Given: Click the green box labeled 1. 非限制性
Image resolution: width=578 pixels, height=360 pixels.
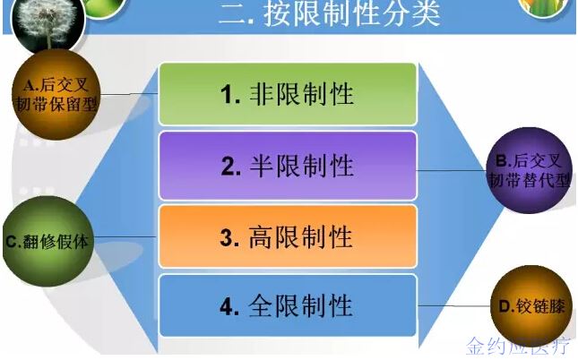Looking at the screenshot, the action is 288,94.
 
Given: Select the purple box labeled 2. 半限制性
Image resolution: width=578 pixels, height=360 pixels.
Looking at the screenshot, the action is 288,166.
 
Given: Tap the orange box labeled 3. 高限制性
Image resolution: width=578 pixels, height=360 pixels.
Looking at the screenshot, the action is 288,236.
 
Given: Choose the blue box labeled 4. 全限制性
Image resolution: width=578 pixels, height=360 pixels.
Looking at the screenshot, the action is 288,305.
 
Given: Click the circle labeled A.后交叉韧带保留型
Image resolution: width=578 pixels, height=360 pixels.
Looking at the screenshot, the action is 56,95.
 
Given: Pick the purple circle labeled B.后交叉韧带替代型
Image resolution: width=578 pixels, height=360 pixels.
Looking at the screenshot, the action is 530,170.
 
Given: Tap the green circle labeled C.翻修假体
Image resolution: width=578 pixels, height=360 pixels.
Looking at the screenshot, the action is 47,242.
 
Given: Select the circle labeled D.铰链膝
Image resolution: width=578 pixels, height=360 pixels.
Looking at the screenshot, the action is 531,306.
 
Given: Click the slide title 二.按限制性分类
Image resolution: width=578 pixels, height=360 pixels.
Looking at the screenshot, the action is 329,13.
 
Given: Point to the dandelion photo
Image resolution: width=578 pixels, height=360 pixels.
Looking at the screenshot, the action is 47,22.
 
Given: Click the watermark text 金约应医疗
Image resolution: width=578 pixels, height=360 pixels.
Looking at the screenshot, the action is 518,347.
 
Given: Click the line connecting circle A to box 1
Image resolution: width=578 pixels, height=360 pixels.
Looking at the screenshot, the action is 129,94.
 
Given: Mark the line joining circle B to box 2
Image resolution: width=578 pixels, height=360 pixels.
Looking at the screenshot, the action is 452,170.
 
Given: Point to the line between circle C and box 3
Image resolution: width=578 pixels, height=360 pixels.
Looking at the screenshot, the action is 125,236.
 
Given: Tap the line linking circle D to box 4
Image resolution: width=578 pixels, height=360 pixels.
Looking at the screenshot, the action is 453,305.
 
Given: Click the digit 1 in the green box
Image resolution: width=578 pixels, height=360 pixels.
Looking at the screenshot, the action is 227,95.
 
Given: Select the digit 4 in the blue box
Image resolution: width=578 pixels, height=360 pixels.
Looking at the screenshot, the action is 228,306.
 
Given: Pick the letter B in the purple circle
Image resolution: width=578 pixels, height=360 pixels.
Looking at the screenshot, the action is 502,160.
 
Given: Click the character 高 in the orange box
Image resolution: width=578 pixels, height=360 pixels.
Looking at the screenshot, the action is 261,237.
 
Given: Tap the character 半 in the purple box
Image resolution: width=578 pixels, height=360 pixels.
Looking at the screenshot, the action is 262,166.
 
